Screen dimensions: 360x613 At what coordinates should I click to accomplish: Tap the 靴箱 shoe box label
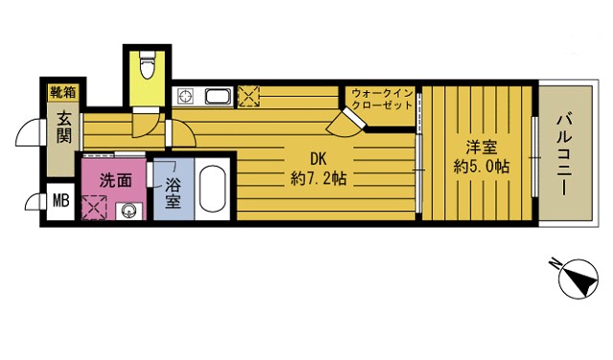[64, 93]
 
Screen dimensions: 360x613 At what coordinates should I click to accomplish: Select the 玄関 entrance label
[64, 128]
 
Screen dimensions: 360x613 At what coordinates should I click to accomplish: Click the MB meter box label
[59, 200]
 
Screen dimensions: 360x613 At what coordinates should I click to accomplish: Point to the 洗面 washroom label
[115, 179]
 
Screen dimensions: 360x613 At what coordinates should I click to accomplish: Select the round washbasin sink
[128, 211]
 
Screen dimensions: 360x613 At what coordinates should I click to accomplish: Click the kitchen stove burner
[183, 96]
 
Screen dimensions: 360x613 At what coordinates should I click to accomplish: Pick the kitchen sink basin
[215, 96]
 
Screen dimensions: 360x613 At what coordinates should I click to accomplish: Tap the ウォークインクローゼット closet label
[382, 99]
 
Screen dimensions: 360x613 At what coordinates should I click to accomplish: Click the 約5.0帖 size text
[482, 167]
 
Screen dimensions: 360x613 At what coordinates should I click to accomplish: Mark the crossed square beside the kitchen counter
[248, 96]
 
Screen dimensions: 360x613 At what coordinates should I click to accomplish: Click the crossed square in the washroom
[95, 207]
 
